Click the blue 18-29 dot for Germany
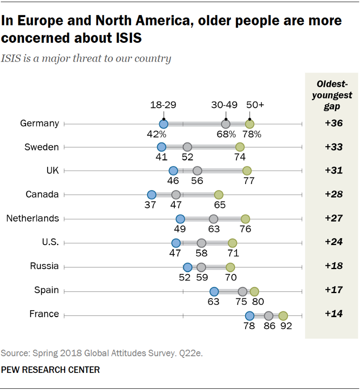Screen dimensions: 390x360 click(163, 124)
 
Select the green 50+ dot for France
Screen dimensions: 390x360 click(283, 316)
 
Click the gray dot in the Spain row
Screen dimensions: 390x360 click(243, 292)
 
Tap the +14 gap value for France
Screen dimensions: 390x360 click(333, 314)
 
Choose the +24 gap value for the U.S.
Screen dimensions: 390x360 click(333, 242)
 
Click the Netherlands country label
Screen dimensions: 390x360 click(32, 219)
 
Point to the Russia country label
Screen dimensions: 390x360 click(44, 266)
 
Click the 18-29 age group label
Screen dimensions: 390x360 click(163, 105)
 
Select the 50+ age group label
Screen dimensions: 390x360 click(256, 105)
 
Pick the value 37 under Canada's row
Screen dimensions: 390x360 click(150, 205)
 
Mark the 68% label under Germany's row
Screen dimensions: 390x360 click(226, 134)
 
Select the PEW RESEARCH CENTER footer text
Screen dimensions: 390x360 click(50, 369)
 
